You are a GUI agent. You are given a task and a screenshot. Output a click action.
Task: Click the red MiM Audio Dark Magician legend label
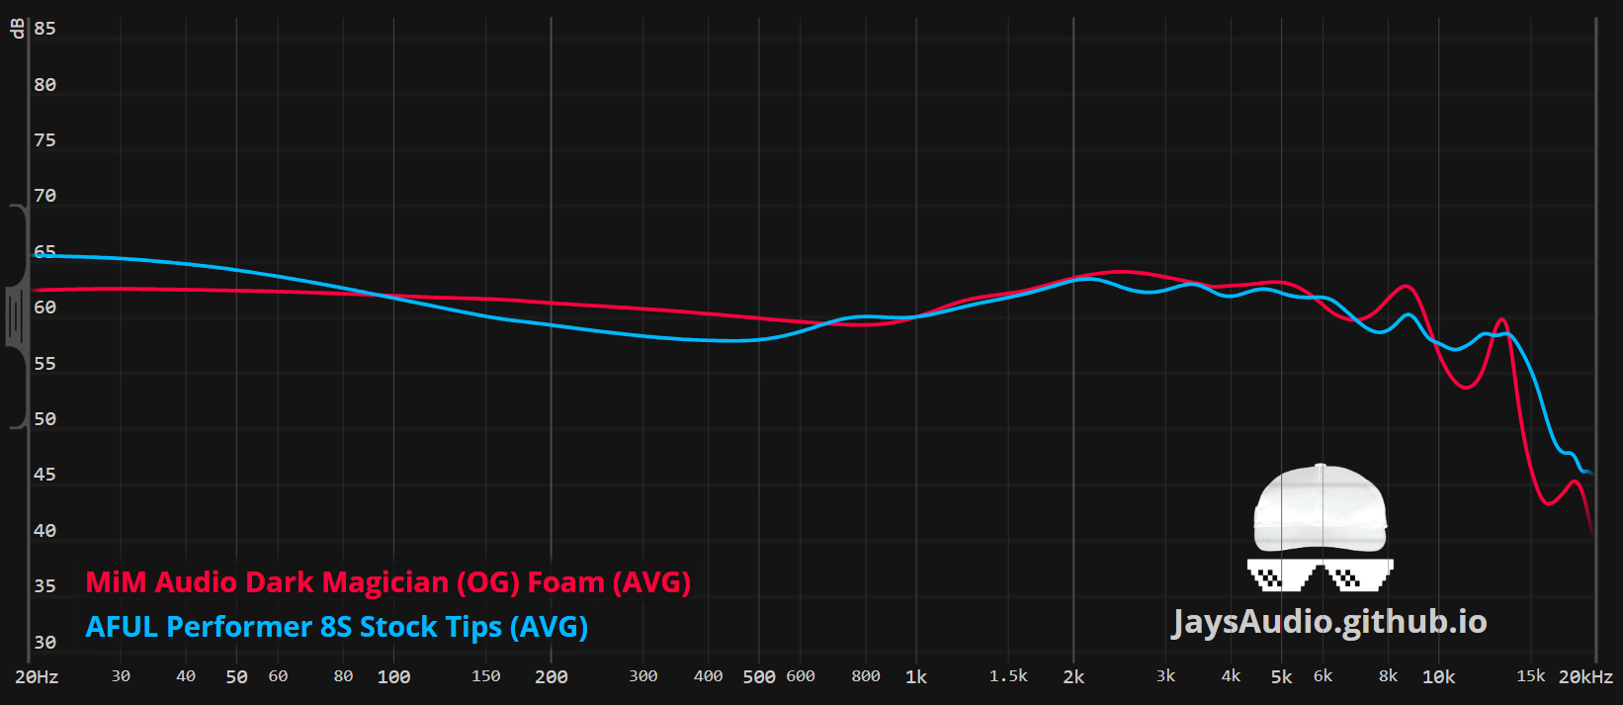387,582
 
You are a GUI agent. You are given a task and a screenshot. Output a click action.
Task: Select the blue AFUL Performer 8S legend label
336,627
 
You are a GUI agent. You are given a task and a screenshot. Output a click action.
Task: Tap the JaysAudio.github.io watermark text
1329,622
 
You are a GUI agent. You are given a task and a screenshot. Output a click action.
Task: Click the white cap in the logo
1320,508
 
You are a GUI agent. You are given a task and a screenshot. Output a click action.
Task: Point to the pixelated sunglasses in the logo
1320,573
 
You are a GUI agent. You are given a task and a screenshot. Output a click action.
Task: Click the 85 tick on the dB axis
44,29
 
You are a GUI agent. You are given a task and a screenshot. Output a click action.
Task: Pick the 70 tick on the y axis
44,196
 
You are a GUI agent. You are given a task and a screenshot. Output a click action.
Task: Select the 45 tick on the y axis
44,475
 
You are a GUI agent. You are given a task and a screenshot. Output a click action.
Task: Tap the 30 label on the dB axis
44,643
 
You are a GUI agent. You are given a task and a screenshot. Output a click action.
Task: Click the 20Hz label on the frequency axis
37,677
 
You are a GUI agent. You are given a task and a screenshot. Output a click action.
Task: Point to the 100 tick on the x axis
393,677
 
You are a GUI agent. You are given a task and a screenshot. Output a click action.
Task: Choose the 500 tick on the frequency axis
758,677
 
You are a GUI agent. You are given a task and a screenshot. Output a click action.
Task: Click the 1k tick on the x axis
916,677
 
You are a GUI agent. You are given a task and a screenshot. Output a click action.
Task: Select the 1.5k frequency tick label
1008,676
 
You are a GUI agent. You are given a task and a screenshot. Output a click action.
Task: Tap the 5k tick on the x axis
1281,677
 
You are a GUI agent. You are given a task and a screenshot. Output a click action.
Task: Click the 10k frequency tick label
1438,677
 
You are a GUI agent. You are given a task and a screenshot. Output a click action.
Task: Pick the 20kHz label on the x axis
1585,677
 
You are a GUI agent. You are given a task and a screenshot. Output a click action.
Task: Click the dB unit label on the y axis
17,28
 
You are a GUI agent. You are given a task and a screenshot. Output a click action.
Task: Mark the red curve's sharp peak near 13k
1501,319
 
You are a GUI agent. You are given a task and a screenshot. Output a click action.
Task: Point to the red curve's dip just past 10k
1467,387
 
